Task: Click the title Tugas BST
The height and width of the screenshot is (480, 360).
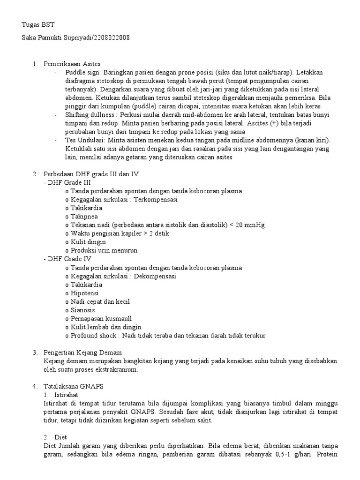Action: tap(38, 25)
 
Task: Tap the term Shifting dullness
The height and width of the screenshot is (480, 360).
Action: tap(91, 115)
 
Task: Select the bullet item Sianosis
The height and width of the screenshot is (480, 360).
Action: tap(83, 310)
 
